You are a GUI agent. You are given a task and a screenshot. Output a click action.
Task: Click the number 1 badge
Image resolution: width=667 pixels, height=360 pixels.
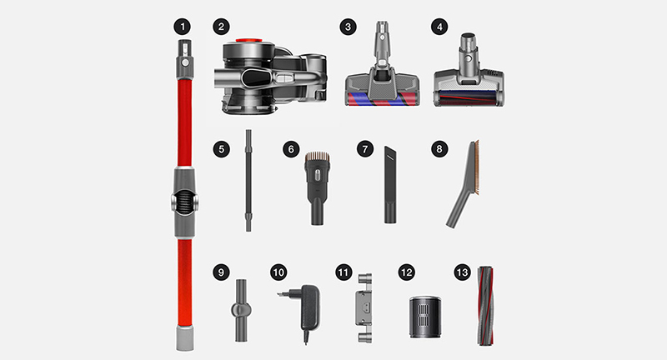click(x=182, y=27)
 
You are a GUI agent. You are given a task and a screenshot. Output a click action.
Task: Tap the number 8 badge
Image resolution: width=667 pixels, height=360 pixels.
click(x=439, y=149)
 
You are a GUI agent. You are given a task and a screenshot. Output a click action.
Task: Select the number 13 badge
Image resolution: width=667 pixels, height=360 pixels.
click(x=463, y=272)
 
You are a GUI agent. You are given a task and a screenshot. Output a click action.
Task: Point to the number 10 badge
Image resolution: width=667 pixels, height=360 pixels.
click(x=278, y=272)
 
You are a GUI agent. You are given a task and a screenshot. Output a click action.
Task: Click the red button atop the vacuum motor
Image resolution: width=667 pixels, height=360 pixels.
click(x=248, y=41)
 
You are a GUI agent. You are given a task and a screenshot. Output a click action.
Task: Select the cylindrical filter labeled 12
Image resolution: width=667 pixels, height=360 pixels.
click(x=425, y=317)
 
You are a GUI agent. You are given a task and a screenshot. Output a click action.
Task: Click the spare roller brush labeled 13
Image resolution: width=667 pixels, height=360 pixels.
click(x=485, y=306)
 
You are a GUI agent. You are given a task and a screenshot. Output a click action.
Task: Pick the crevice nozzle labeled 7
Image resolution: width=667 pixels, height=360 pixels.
click(x=390, y=184)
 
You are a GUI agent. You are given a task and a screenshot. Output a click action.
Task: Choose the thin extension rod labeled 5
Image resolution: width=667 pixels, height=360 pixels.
click(x=248, y=181)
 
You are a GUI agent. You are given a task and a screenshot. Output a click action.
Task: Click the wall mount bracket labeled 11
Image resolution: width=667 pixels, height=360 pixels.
click(x=364, y=308)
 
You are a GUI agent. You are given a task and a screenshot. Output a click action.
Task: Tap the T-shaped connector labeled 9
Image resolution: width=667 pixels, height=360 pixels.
click(x=241, y=310)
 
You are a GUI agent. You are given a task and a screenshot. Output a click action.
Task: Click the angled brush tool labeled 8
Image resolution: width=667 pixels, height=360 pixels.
click(x=464, y=184)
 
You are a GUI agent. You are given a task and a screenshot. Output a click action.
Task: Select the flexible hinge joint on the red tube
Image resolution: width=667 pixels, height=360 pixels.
click(x=184, y=202)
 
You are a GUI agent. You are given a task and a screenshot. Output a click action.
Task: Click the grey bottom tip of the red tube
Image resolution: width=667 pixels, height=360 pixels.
click(x=184, y=338)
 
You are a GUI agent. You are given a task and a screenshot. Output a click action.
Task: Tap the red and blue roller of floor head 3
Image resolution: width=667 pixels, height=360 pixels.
click(x=382, y=98)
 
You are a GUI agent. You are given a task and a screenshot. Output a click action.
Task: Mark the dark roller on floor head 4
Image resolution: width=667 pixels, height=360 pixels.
click(x=468, y=97)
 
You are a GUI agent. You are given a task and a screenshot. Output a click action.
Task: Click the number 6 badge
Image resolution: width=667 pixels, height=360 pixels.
click(x=291, y=149)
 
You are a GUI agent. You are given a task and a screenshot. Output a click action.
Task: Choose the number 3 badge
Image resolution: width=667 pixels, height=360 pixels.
click(x=348, y=27)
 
